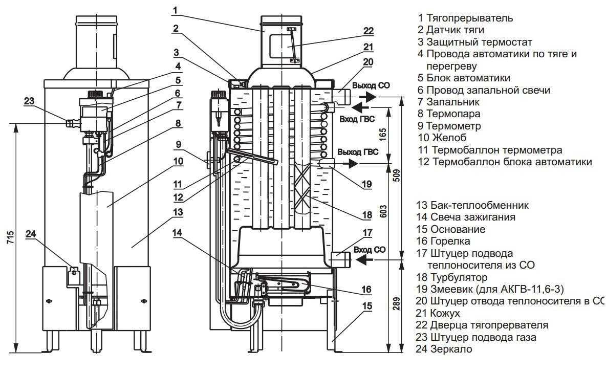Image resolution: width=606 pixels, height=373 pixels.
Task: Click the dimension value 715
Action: pyautogui.click(x=10, y=237)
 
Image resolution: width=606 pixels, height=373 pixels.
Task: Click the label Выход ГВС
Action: pyautogui.click(x=358, y=152)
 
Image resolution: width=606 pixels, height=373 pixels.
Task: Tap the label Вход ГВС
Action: pyautogui.click(x=357, y=119)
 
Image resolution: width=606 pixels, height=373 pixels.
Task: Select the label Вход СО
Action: pyautogui.click(x=370, y=250)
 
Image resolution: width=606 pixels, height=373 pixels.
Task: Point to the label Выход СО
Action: pyautogui.click(x=371, y=85)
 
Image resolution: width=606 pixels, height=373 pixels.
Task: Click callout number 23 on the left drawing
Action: pyautogui.click(x=29, y=101)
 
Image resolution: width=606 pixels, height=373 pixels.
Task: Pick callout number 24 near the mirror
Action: pyautogui.click(x=31, y=234)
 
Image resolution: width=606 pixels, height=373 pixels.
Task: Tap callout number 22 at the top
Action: pyautogui.click(x=369, y=31)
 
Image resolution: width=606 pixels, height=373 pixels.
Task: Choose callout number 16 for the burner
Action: pyautogui.click(x=366, y=289)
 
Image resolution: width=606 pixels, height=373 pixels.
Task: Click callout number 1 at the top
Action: pyautogui.click(x=175, y=10)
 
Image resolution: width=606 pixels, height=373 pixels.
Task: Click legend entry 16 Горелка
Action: pyautogui.click(x=443, y=241)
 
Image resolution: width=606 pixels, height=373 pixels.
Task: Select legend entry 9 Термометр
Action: pyautogui.click(x=449, y=126)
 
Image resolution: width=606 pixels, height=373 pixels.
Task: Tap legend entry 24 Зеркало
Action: pyautogui.click(x=444, y=349)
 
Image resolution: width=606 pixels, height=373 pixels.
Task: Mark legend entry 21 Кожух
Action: pyautogui.click(x=438, y=313)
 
